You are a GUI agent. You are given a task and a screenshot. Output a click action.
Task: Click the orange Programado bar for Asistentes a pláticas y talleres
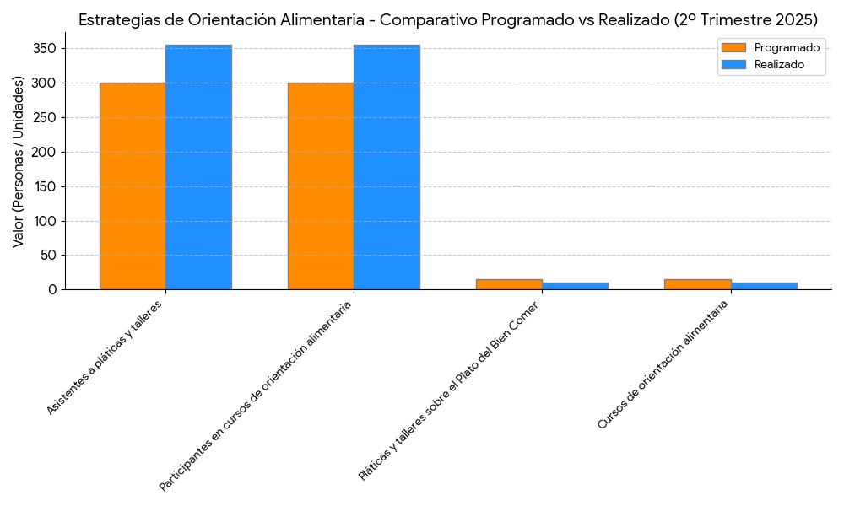click(133, 186)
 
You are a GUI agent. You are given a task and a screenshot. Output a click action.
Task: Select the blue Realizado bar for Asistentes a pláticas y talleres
click(198, 167)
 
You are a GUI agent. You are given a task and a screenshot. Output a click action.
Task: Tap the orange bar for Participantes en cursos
click(321, 186)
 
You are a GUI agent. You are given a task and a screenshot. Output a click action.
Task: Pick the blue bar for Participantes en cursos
click(387, 167)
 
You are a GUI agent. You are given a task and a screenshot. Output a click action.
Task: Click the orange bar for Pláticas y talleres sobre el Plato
click(509, 284)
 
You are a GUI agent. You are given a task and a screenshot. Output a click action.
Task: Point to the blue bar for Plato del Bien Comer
click(575, 286)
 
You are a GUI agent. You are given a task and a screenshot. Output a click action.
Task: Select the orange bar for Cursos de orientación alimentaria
click(697, 284)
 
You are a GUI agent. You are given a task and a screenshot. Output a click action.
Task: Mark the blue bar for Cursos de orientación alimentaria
click(764, 286)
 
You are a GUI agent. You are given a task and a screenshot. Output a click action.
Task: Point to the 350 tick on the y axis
click(46, 49)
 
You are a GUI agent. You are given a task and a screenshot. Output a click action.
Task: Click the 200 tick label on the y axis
click(46, 153)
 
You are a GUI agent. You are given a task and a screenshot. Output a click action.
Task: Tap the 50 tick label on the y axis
click(49, 256)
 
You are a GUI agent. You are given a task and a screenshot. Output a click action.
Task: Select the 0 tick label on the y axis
click(52, 290)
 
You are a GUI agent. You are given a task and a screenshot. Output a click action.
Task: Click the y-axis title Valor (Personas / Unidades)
click(19, 161)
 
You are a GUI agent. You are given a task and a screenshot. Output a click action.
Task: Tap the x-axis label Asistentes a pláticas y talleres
click(104, 357)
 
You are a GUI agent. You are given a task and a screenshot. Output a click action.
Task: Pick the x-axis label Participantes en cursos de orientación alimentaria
click(255, 396)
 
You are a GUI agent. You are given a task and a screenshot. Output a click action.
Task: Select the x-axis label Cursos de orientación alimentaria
click(663, 365)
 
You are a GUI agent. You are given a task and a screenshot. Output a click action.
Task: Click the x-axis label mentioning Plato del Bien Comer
click(448, 390)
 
